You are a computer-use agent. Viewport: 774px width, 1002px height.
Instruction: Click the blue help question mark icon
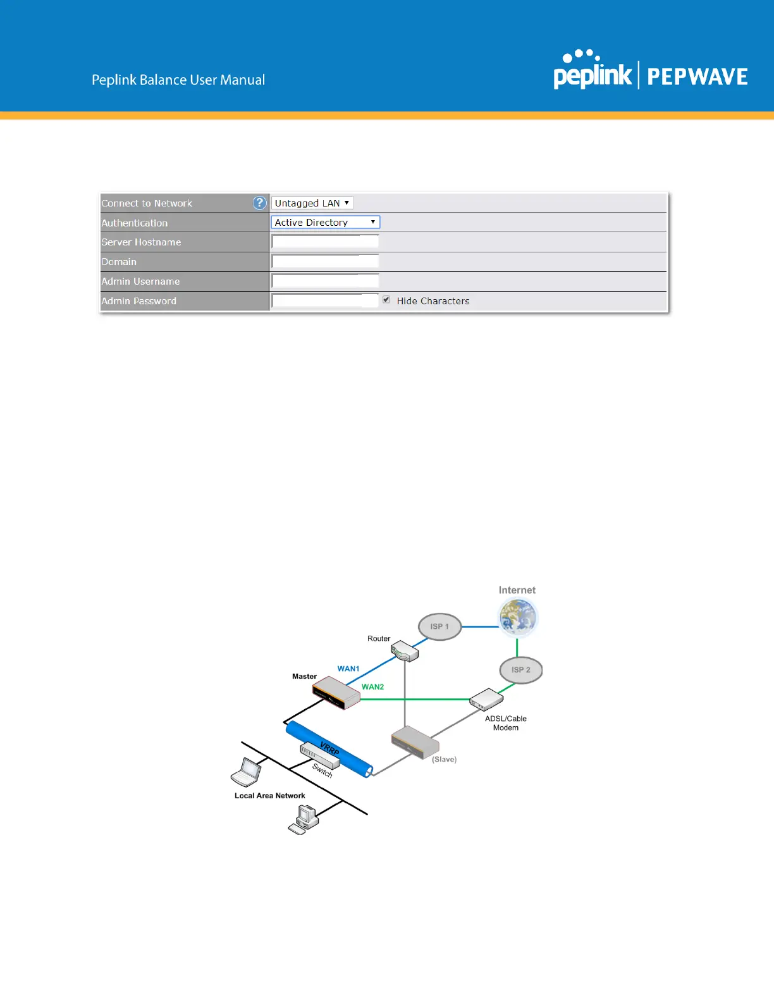pyautogui.click(x=259, y=203)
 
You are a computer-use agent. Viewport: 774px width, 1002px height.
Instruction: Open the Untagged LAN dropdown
pyautogui.click(x=312, y=203)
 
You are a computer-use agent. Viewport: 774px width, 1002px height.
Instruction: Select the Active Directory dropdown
pyautogui.click(x=325, y=223)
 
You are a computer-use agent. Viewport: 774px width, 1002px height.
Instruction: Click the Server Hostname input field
pyautogui.click(x=325, y=242)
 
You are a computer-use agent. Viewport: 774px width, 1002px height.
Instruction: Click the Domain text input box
pyautogui.click(x=325, y=261)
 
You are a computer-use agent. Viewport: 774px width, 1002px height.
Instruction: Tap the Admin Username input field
pyautogui.click(x=325, y=281)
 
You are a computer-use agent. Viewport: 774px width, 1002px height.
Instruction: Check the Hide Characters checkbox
pyautogui.click(x=386, y=300)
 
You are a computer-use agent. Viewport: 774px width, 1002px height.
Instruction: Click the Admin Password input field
pyautogui.click(x=325, y=300)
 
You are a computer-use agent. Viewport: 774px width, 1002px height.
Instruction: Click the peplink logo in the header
pyautogui.click(x=592, y=71)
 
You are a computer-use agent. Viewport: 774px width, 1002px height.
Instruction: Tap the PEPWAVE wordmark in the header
pyautogui.click(x=697, y=77)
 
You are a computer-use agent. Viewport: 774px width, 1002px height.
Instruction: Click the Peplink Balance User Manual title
pyautogui.click(x=178, y=80)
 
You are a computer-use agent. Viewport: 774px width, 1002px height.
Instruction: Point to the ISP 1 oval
pyautogui.click(x=439, y=626)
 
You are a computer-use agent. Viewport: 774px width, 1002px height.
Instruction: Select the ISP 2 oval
pyautogui.click(x=521, y=670)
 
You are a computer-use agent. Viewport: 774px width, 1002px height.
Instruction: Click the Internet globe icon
pyautogui.click(x=518, y=617)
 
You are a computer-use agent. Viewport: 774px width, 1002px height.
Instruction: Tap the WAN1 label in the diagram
pyautogui.click(x=348, y=669)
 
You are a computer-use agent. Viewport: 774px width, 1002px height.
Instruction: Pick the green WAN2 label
pyautogui.click(x=372, y=686)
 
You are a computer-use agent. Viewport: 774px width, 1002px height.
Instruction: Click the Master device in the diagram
pyautogui.click(x=336, y=693)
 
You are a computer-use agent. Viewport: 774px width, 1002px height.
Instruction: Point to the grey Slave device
pyautogui.click(x=414, y=742)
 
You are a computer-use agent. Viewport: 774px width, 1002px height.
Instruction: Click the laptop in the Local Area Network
pyautogui.click(x=247, y=772)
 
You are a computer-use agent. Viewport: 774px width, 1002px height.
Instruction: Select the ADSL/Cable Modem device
pyautogui.click(x=486, y=699)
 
